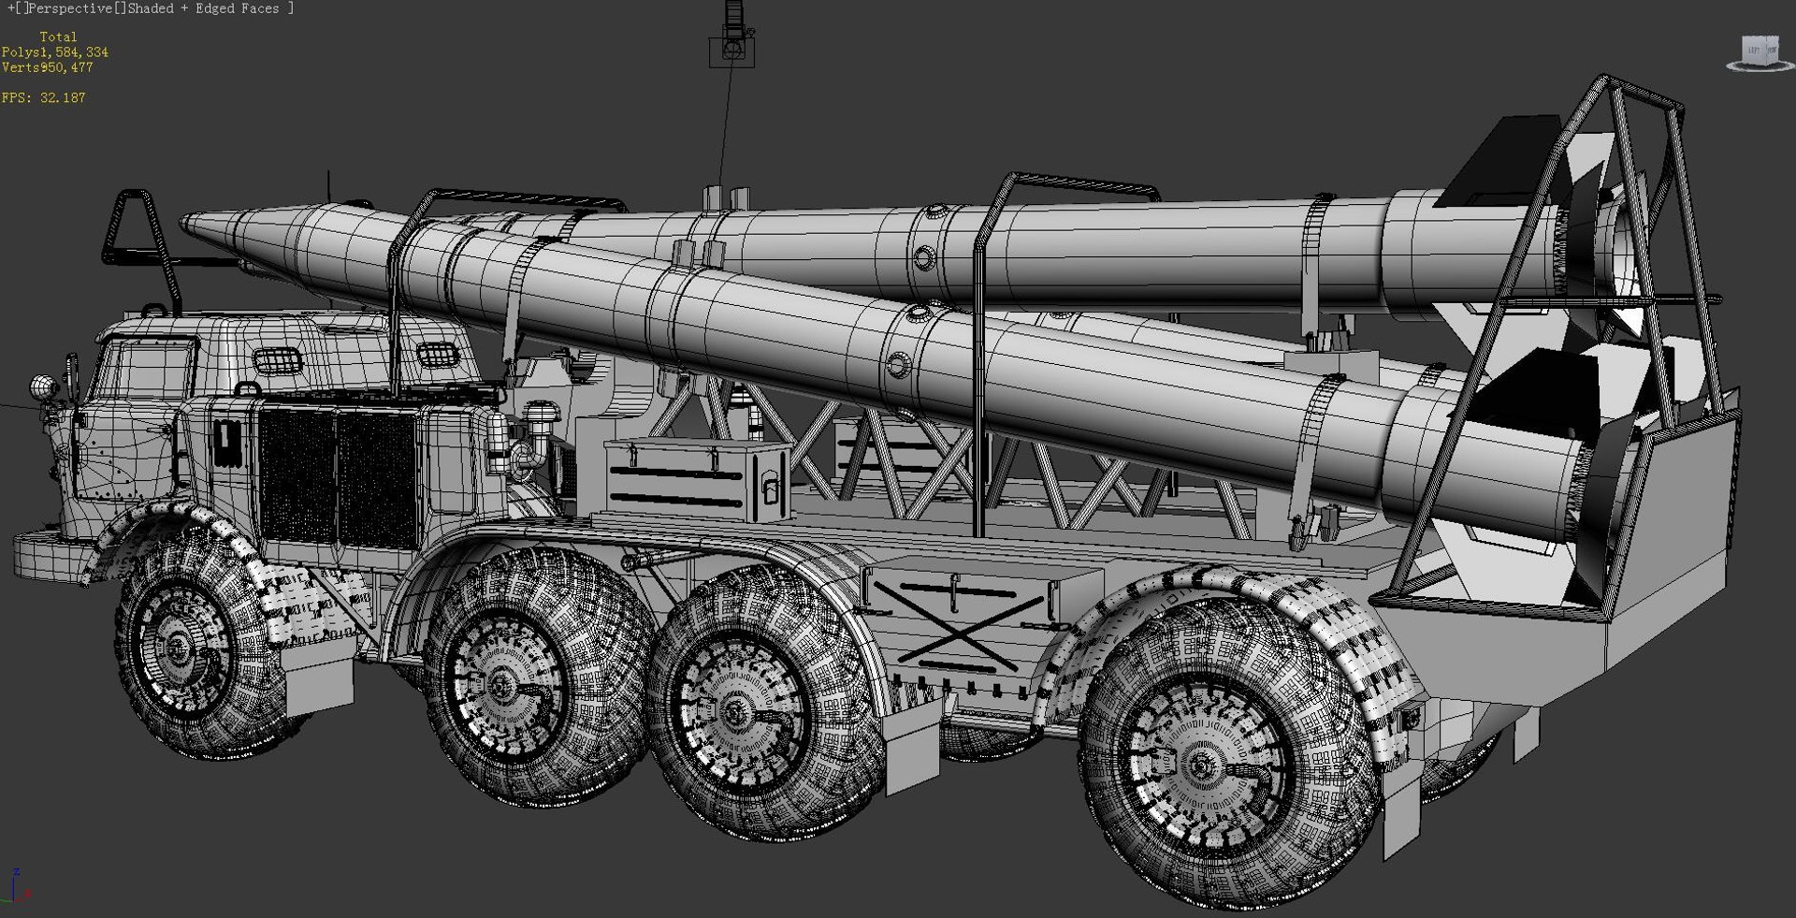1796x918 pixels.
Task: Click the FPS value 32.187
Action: click(x=62, y=97)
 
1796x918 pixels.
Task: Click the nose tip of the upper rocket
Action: click(x=185, y=222)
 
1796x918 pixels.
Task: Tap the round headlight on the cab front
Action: click(x=41, y=386)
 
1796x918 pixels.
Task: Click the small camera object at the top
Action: click(x=732, y=47)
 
